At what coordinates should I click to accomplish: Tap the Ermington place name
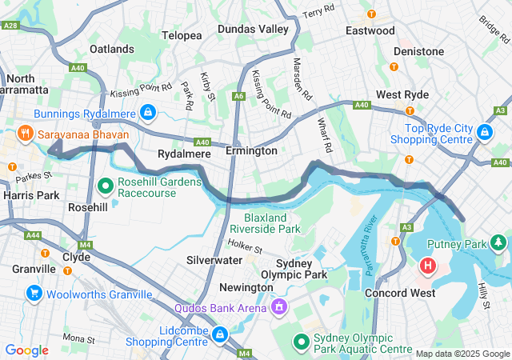[x=251, y=150]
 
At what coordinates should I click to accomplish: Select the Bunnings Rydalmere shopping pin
[x=147, y=112]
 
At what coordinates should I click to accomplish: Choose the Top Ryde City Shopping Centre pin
[x=483, y=131]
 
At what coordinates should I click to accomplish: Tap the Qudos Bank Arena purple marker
[x=279, y=306]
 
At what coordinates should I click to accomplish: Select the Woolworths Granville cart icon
[x=34, y=294]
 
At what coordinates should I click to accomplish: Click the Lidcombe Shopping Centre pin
[x=220, y=334]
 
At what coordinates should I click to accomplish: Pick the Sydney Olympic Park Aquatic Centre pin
[x=301, y=342]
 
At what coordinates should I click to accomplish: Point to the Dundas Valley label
[x=253, y=29]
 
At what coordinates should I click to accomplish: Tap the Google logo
[x=27, y=350]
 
